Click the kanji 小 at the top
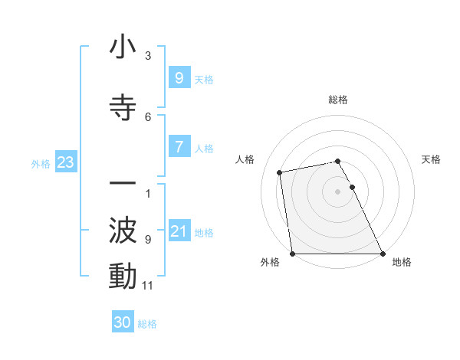tap(123, 47)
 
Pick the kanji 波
tap(123, 230)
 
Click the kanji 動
tap(123, 276)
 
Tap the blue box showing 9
tap(179, 77)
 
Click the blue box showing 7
tap(179, 147)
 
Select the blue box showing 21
tap(179, 231)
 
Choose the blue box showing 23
tap(65, 162)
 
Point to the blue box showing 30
tap(123, 322)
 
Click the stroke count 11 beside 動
tap(148, 286)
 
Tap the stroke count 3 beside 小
tap(148, 56)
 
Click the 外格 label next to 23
tap(41, 163)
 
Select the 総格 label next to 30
tap(147, 323)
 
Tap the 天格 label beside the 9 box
tap(203, 78)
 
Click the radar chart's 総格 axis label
tap(337, 100)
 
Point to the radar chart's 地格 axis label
tap(402, 262)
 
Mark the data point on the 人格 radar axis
tap(280, 172)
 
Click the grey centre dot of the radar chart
tap(337, 191)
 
